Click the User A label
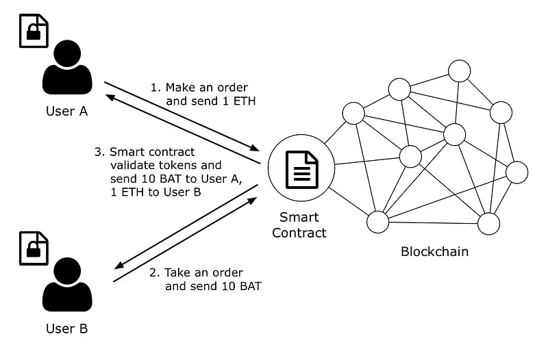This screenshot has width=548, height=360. tap(66, 112)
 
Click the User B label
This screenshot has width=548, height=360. tap(66, 329)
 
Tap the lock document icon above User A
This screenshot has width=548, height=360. tap(34, 31)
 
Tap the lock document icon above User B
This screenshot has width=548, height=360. tap(34, 248)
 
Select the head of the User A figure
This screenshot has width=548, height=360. tap(67, 53)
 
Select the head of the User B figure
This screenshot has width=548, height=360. tap(67, 271)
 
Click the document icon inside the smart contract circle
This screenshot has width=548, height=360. tap(302, 170)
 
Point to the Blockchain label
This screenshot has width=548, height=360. tap(434, 252)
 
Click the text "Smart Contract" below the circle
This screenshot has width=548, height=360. tap(299, 225)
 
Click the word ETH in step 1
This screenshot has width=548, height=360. tap(245, 101)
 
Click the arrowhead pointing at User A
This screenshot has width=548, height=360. tap(110, 97)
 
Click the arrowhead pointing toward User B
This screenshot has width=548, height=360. tap(120, 265)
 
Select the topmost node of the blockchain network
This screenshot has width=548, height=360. tap(459, 71)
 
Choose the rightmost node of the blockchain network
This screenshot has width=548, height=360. tap(517, 172)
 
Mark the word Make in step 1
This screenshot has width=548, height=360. tap(182, 88)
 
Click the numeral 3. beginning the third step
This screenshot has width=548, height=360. tap(99, 152)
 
